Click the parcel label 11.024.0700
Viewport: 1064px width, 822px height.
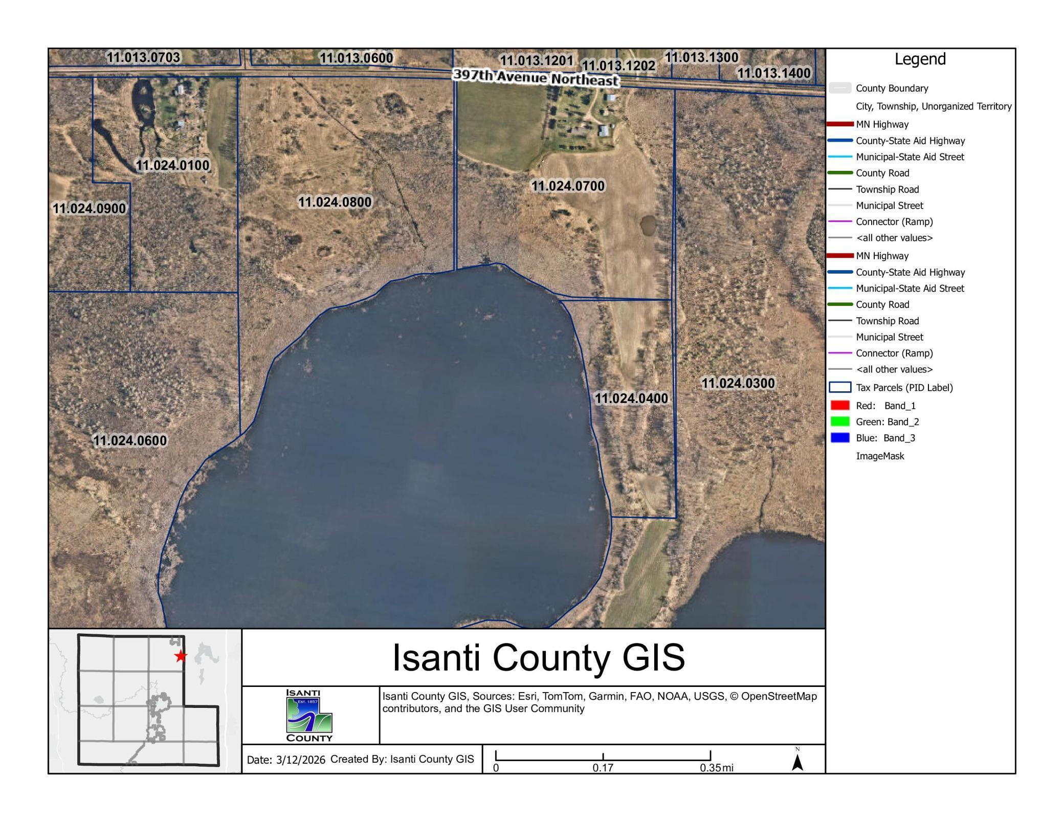pyautogui.click(x=568, y=186)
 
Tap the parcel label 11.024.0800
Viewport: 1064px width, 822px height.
pyautogui.click(x=335, y=202)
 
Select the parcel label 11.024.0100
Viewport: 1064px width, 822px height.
pyautogui.click(x=172, y=165)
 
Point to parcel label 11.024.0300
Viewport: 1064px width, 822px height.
pyautogui.click(x=738, y=383)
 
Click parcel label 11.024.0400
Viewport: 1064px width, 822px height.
pyautogui.click(x=631, y=398)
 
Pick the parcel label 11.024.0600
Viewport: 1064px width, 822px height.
pyautogui.click(x=130, y=440)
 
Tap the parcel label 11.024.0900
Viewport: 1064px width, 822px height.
pyautogui.click(x=89, y=209)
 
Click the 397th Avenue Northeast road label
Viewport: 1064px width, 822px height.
pyautogui.click(x=536, y=78)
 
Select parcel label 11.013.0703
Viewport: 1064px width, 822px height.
pyautogui.click(x=143, y=57)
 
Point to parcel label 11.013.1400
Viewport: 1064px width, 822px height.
pyautogui.click(x=773, y=73)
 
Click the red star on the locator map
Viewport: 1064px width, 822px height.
pyautogui.click(x=180, y=656)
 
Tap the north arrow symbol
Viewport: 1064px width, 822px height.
pyautogui.click(x=797, y=761)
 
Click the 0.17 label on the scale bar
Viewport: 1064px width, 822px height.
pyautogui.click(x=603, y=768)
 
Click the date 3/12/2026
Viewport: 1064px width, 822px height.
pyautogui.click(x=300, y=760)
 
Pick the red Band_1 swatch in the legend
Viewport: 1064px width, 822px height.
pyautogui.click(x=840, y=406)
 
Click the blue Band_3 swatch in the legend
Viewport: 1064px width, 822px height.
pyautogui.click(x=840, y=438)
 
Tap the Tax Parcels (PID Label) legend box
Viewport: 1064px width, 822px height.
pyautogui.click(x=840, y=387)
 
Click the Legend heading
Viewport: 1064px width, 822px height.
pyautogui.click(x=920, y=59)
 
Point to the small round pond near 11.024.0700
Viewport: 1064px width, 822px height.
pyautogui.click(x=648, y=224)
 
